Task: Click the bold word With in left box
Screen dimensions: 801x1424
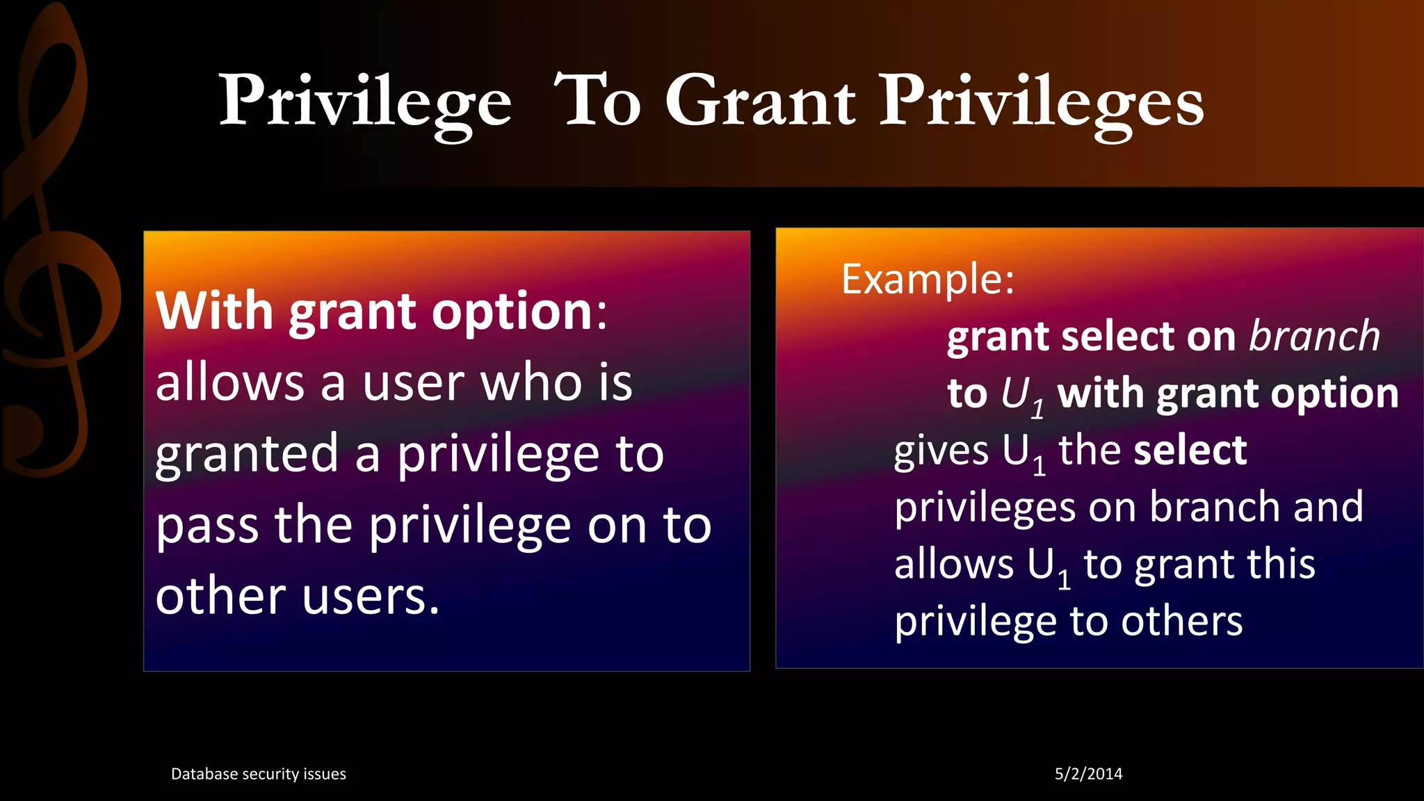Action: (214, 311)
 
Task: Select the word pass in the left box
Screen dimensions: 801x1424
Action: (207, 526)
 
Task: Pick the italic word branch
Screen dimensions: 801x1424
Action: (1314, 337)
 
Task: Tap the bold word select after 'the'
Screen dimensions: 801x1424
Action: (1190, 451)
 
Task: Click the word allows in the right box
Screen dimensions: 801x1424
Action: (954, 564)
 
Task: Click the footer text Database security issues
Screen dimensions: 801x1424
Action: (258, 774)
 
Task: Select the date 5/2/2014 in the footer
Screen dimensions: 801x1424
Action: (1088, 774)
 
